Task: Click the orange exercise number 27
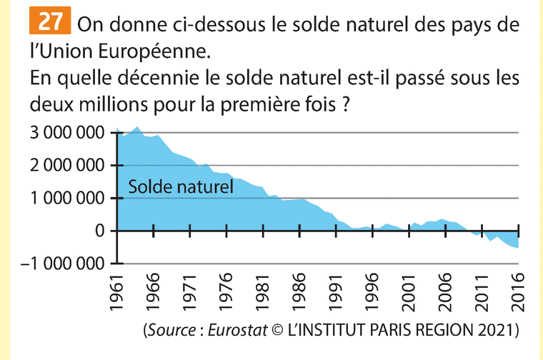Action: pyautogui.click(x=49, y=22)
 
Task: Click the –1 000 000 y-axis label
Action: pyautogui.click(x=64, y=264)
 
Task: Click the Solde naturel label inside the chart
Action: pyautogui.click(x=181, y=188)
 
